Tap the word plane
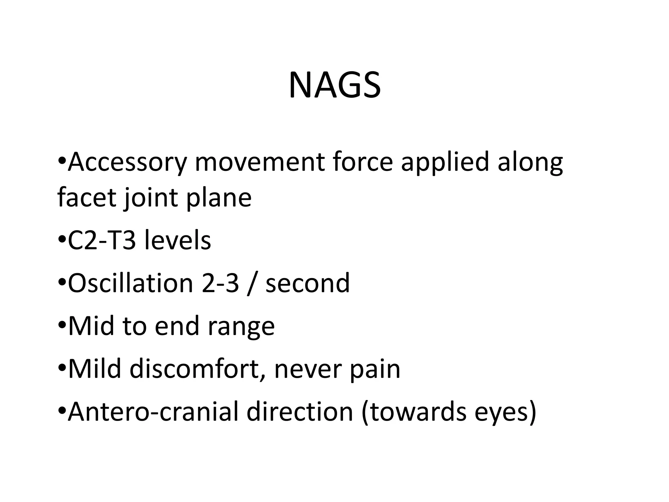[219, 199]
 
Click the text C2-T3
[101, 241]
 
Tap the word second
[308, 283]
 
